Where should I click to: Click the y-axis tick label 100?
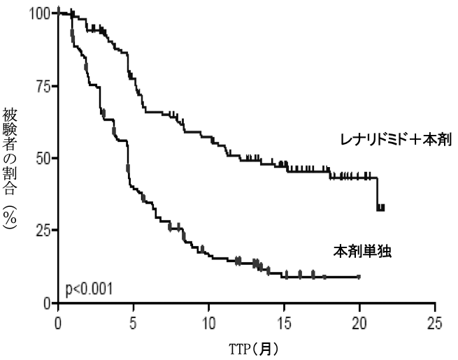[39, 13]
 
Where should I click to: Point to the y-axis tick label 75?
[43, 85]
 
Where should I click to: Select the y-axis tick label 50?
[43, 158]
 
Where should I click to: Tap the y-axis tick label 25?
[43, 231]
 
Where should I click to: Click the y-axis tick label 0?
[48, 303]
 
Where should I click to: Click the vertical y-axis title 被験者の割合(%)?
[11, 168]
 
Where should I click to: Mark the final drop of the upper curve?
[378, 193]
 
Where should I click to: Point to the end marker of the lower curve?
[359, 277]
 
